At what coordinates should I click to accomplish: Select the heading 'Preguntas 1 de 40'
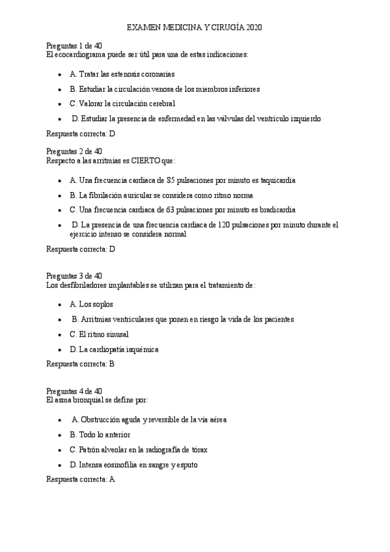(74, 46)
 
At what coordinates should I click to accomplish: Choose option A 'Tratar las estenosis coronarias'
(122, 74)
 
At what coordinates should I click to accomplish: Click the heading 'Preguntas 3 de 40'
(74, 276)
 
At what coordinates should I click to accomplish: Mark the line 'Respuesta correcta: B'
(81, 364)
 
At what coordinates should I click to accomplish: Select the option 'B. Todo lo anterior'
(100, 434)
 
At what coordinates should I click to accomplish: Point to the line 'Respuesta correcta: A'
(81, 479)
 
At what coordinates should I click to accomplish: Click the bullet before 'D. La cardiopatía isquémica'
(60, 350)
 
